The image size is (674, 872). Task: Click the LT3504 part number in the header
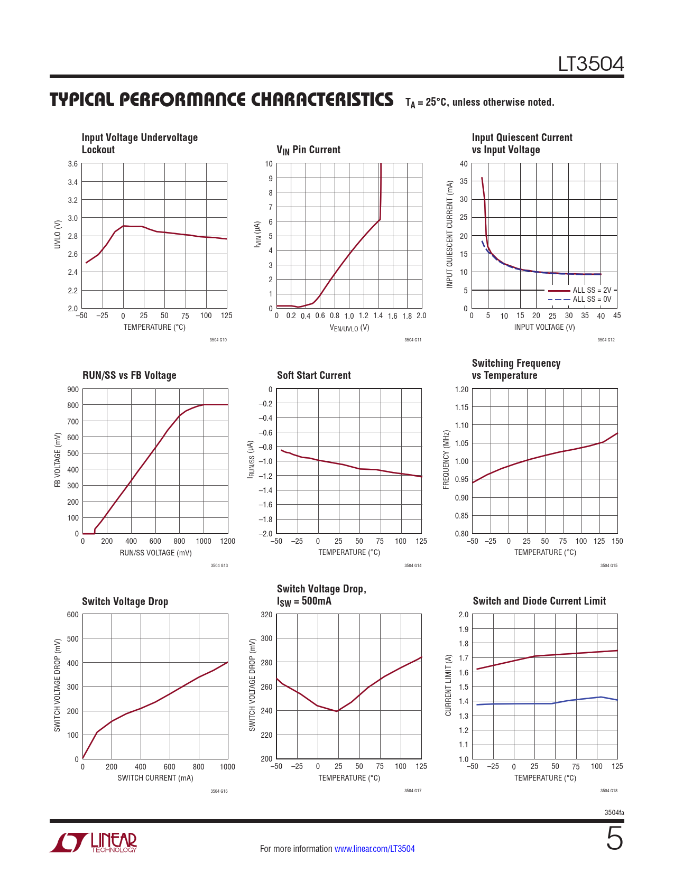(x=590, y=64)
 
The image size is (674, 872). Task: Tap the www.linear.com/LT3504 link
(x=374, y=849)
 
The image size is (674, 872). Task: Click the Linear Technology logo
(x=94, y=842)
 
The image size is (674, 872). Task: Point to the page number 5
(x=614, y=839)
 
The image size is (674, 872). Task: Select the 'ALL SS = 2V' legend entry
(x=592, y=290)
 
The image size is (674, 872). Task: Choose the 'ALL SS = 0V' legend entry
(x=592, y=299)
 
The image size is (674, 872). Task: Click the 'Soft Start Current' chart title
(x=313, y=375)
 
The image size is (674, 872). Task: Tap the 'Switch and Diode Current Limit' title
(x=539, y=601)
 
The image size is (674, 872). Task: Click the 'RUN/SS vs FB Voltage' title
(x=129, y=375)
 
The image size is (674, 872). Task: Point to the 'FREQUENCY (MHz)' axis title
(x=446, y=459)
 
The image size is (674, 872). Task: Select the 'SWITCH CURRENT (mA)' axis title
(x=155, y=778)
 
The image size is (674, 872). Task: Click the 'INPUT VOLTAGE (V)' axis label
(x=544, y=327)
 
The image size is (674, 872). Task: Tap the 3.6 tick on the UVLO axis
(x=73, y=164)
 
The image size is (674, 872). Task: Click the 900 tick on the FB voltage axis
(x=73, y=389)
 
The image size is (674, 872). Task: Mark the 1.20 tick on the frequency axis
(x=461, y=389)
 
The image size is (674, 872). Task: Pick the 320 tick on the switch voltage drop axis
(x=267, y=615)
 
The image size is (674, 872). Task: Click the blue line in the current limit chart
(x=529, y=703)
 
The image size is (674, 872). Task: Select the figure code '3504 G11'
(x=413, y=340)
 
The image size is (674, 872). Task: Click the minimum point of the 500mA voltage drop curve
(x=337, y=711)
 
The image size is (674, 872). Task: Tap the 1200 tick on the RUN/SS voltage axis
(x=228, y=541)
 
